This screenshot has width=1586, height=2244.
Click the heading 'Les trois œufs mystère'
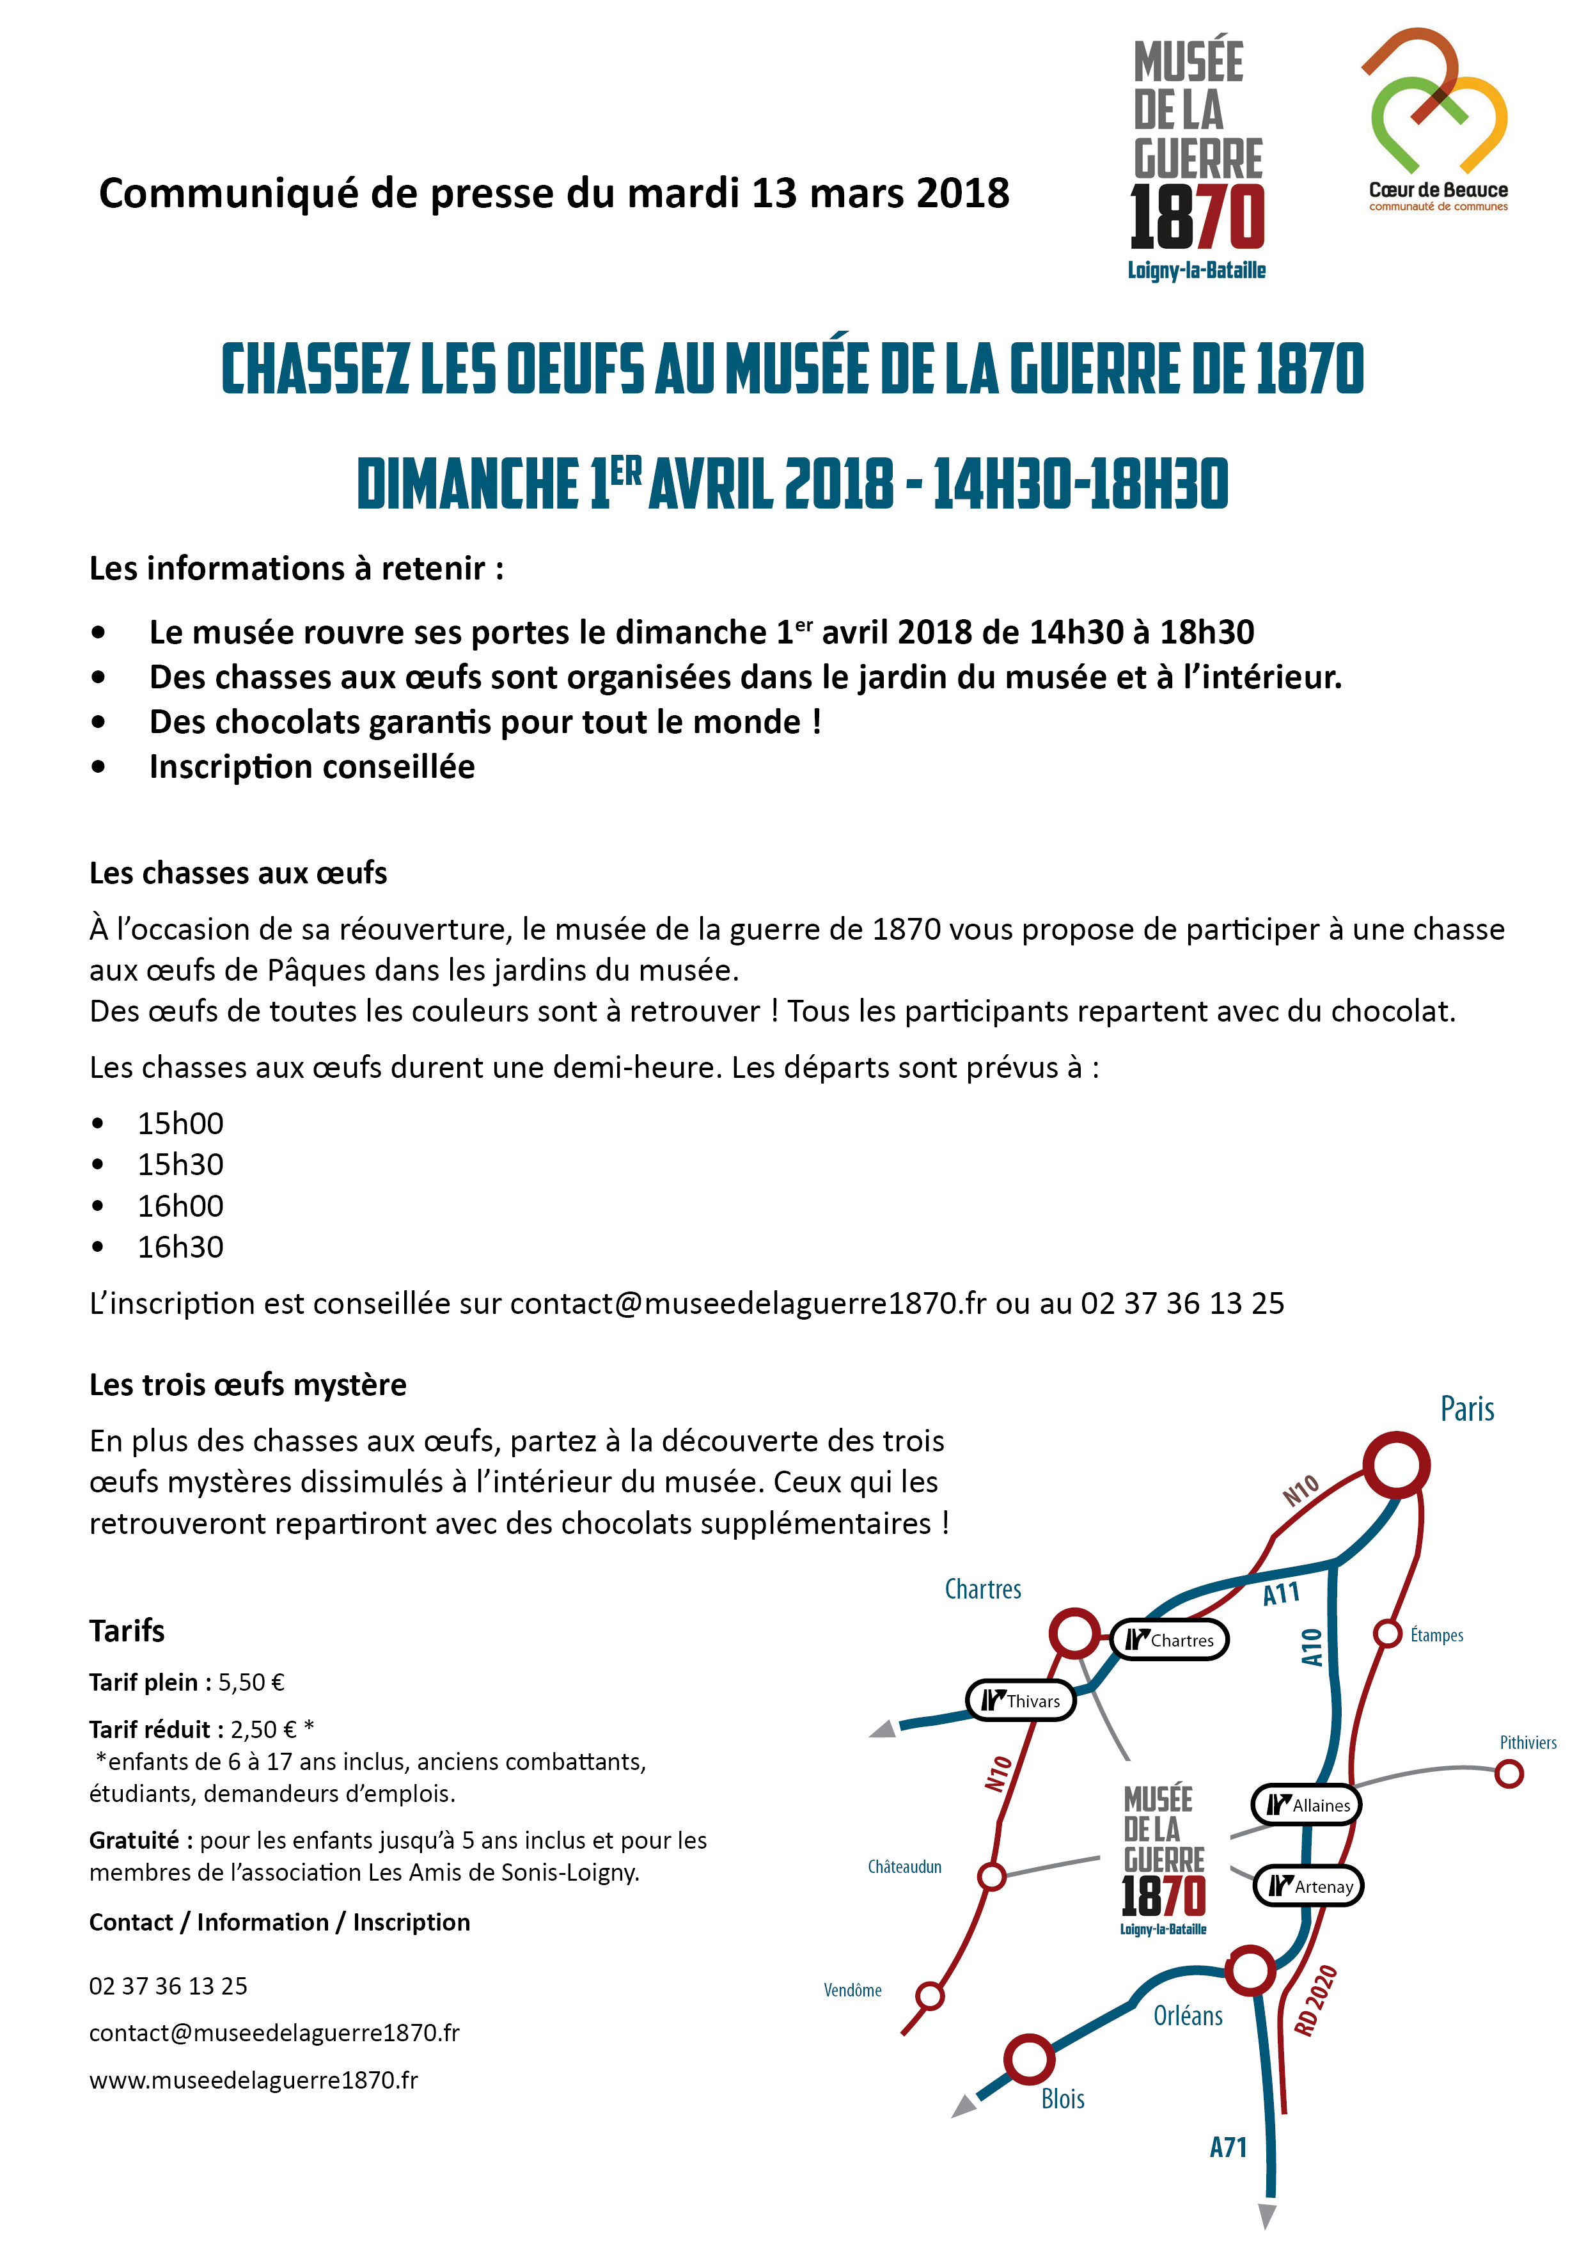247,1385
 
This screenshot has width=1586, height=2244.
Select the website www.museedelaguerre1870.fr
253,2080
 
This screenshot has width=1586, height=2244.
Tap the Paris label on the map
1467,1409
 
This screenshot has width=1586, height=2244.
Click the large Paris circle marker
1397,1465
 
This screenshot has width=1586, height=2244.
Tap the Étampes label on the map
1436,1635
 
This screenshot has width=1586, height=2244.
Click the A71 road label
1229,2147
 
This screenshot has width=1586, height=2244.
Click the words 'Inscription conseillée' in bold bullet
311,767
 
